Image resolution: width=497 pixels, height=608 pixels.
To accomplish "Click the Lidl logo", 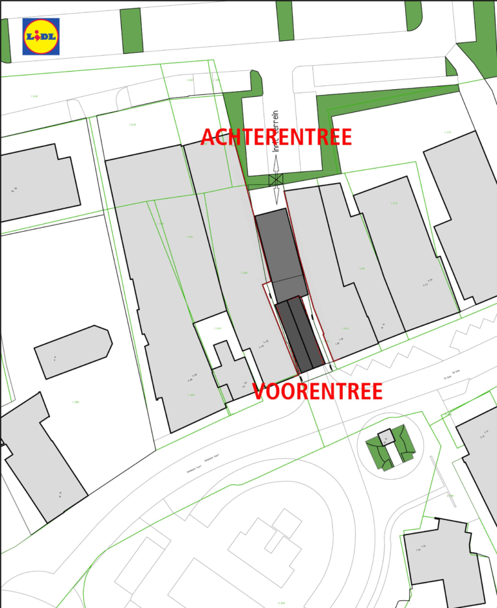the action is click(x=41, y=36).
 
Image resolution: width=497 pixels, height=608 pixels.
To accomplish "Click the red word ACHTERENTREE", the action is click(x=276, y=137).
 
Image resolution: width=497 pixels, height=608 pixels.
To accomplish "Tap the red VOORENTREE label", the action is click(x=317, y=391).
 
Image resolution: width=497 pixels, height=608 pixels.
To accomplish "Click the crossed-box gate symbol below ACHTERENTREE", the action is click(x=276, y=180).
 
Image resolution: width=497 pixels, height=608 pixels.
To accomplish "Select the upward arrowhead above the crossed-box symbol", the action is click(x=276, y=167).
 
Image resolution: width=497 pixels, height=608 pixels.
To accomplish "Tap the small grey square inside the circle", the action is click(x=387, y=437).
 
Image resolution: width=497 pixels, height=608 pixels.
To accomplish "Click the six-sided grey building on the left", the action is click(x=73, y=351).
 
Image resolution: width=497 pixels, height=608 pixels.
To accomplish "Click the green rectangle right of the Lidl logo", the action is click(x=131, y=31).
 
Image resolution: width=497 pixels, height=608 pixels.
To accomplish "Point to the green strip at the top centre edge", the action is click(x=284, y=20).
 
